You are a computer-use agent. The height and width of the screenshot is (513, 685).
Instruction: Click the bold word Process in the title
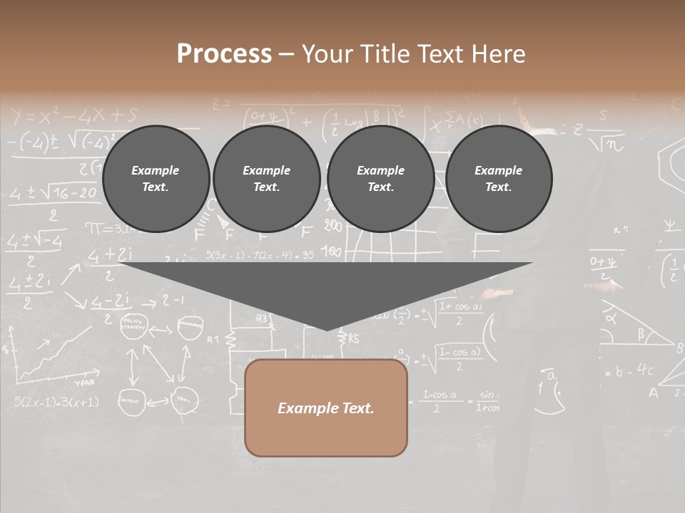tap(224, 54)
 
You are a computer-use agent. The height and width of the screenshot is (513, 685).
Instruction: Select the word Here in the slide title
tap(499, 54)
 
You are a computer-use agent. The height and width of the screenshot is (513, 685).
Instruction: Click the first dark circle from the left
tap(156, 179)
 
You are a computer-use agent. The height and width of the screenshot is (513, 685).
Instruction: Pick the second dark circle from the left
tap(266, 179)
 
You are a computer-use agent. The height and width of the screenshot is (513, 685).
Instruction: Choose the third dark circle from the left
tap(380, 179)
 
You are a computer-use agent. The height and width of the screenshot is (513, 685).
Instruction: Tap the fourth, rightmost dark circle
tap(498, 179)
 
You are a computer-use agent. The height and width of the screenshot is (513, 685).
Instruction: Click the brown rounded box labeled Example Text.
tap(325, 408)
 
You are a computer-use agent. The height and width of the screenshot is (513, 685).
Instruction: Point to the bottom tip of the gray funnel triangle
tap(327, 328)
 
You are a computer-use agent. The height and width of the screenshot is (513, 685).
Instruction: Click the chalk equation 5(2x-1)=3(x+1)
tap(56, 402)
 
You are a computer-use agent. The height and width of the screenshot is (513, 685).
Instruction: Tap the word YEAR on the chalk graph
tap(84, 382)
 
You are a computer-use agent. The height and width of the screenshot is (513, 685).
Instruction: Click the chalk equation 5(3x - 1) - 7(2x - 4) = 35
tap(260, 254)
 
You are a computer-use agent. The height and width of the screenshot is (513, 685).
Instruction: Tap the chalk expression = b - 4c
tap(629, 370)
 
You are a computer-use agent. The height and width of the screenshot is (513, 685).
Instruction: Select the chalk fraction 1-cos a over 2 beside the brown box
tap(439, 400)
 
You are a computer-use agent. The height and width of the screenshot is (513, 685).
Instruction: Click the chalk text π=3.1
tap(104, 229)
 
